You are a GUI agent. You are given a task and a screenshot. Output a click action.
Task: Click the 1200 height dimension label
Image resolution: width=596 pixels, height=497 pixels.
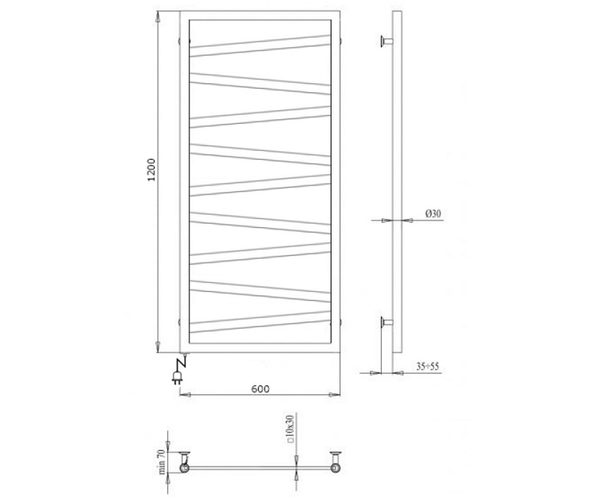pyautogui.click(x=151, y=169)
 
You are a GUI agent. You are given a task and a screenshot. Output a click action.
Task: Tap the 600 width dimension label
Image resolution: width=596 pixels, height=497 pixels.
pyautogui.click(x=260, y=389)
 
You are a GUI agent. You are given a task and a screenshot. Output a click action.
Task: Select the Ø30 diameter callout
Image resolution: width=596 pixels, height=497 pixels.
pyautogui.click(x=433, y=213)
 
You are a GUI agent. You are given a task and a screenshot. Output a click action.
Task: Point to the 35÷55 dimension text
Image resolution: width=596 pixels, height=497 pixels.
pyautogui.click(x=427, y=366)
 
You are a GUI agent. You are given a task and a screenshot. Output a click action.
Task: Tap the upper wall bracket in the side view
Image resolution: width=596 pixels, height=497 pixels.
pyautogui.click(x=387, y=42)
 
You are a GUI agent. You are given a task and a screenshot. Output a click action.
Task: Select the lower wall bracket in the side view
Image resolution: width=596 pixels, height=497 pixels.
pyautogui.click(x=387, y=323)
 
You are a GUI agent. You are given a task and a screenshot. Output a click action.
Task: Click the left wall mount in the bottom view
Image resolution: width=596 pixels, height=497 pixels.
pyautogui.click(x=184, y=460)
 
